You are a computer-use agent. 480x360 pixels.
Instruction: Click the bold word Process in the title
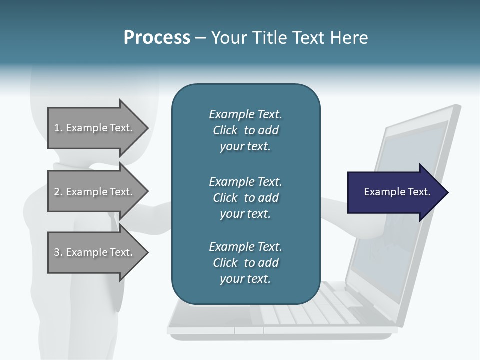(x=157, y=38)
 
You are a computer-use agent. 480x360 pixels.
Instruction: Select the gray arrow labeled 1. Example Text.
(x=95, y=128)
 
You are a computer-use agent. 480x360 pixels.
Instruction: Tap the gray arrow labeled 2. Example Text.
(x=95, y=192)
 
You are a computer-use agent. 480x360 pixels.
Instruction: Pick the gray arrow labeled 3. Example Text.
(x=95, y=252)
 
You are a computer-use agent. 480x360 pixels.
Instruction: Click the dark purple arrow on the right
(x=395, y=192)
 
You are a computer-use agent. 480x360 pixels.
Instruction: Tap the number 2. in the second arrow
(x=58, y=192)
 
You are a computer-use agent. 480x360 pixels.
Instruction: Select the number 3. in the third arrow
(x=58, y=252)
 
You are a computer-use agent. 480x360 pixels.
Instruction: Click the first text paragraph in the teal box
(x=245, y=130)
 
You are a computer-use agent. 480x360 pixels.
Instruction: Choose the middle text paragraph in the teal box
(x=245, y=197)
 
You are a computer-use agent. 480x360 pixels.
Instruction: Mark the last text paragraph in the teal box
(x=245, y=263)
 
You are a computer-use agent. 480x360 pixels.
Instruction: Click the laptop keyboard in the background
(x=310, y=310)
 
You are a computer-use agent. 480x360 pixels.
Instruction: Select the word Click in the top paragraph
(x=225, y=130)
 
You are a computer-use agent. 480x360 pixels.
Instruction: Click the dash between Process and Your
(x=200, y=38)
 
